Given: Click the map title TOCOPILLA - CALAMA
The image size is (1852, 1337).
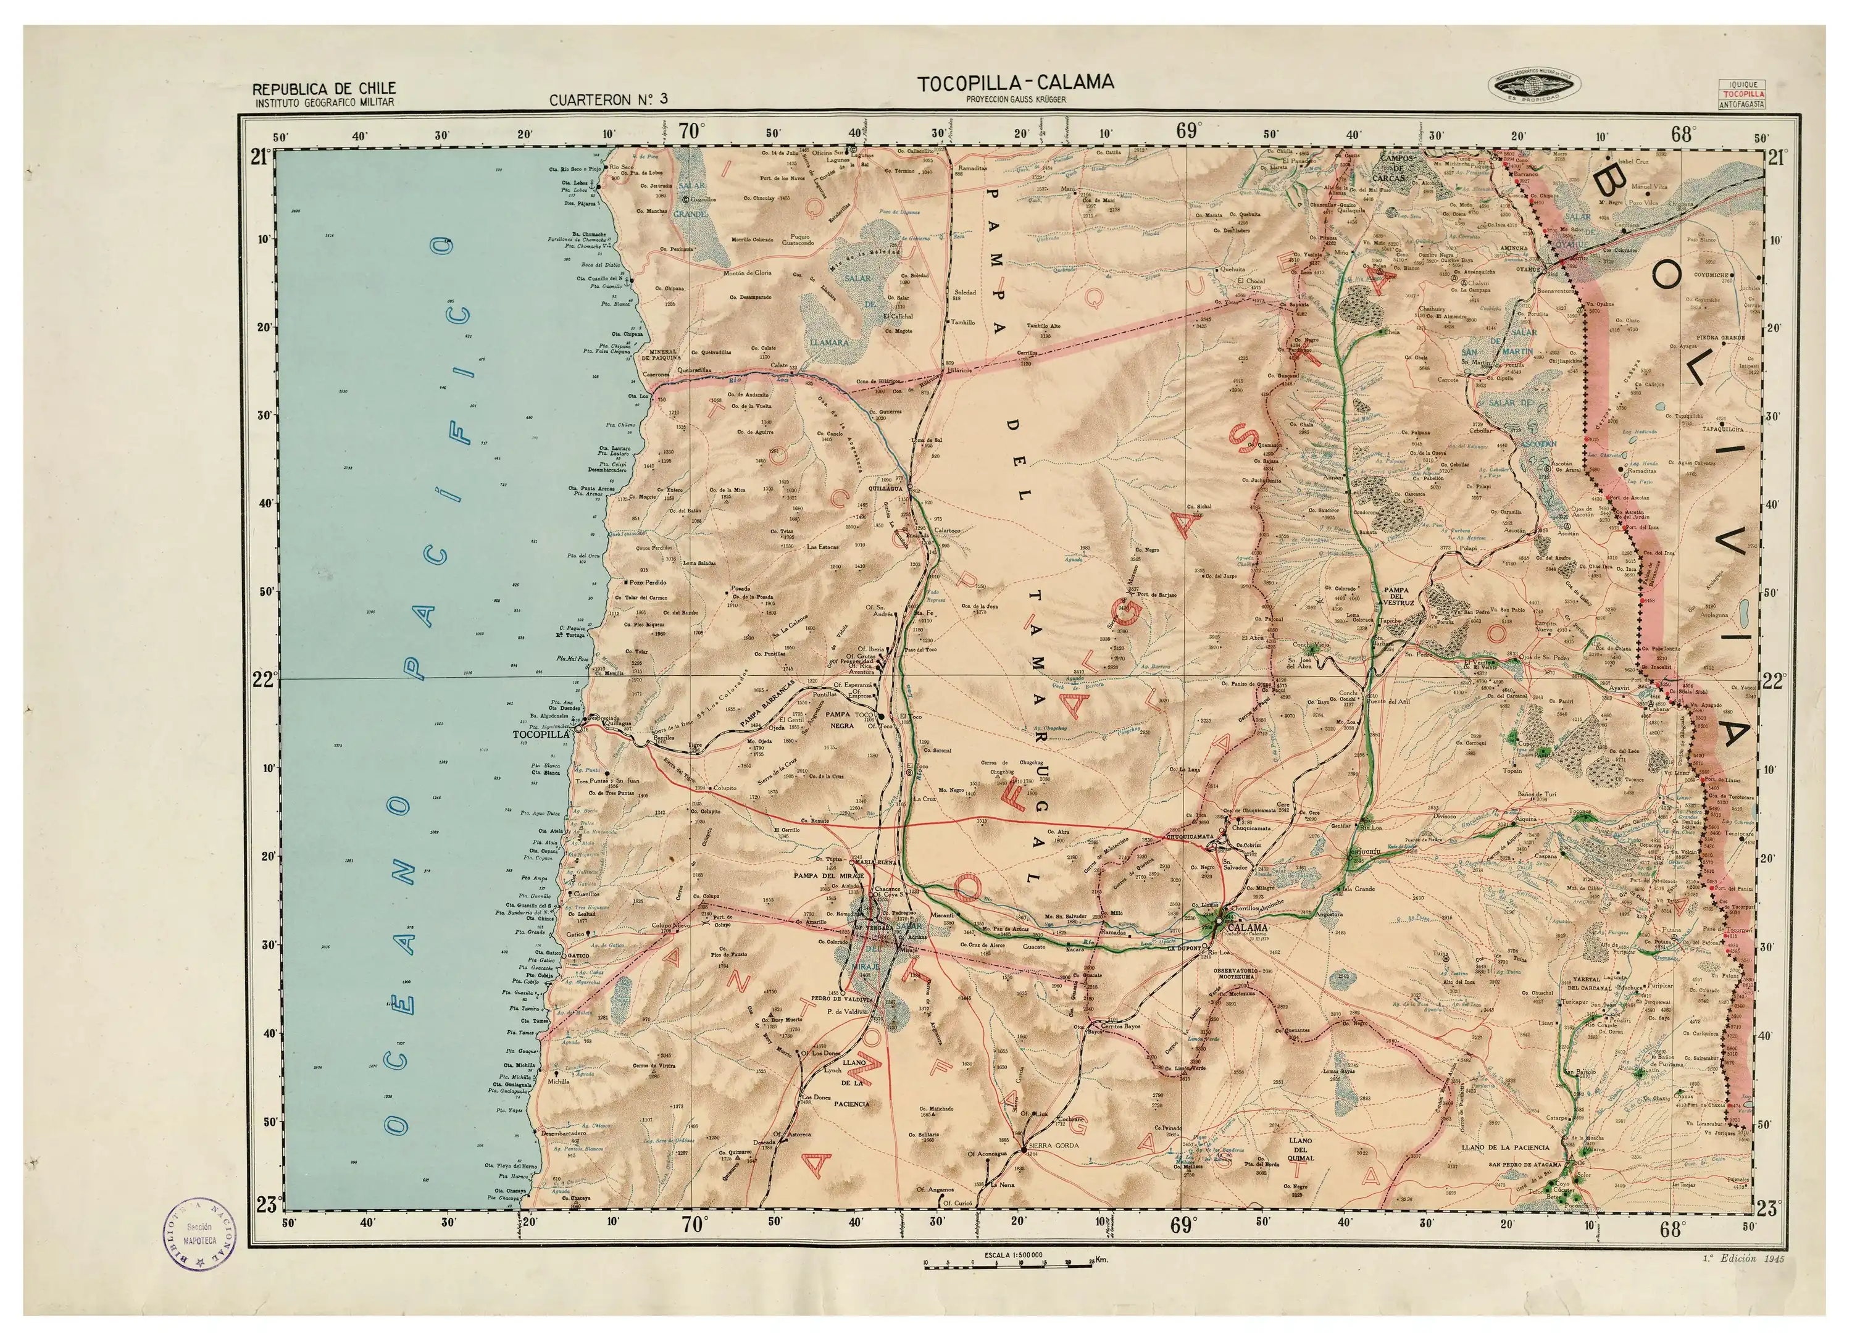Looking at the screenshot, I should (x=1015, y=83).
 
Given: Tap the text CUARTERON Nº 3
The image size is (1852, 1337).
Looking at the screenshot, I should (x=608, y=99).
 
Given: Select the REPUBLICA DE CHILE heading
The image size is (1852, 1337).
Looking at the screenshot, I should (x=324, y=88).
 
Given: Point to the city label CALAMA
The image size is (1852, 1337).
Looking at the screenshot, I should (x=1248, y=928).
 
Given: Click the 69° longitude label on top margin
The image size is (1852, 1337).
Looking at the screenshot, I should (x=1188, y=131).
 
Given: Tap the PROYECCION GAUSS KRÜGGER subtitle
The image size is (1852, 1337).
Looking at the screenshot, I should (x=1016, y=99).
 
